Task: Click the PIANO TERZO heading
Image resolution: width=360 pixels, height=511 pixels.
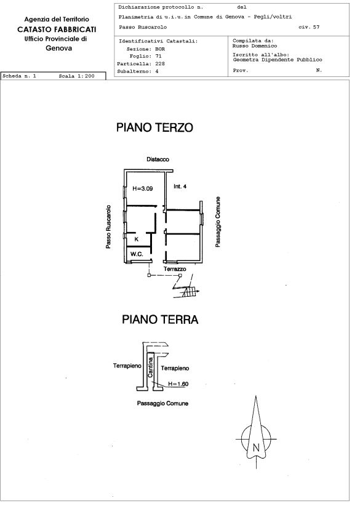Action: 154,127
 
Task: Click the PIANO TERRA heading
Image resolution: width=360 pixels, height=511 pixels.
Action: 160,320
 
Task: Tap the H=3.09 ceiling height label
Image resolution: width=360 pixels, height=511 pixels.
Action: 142,188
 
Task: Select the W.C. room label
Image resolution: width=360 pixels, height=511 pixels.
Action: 137,254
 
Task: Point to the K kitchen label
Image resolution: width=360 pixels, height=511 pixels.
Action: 137,239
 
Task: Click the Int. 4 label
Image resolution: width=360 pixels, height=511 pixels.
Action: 180,187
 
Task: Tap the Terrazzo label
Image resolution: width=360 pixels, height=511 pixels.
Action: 175,269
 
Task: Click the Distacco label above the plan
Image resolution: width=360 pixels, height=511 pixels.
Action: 158,159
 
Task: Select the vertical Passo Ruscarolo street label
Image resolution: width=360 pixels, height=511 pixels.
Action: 108,227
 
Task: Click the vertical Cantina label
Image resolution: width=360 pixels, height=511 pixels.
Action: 150,368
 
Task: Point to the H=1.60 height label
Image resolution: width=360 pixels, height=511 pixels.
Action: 178,384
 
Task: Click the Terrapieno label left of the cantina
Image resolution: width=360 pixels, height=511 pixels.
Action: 127,366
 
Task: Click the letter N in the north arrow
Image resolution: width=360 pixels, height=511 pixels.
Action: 256,448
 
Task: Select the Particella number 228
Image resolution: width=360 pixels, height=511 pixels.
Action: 160,63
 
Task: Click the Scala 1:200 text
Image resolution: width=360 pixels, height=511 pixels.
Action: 76,76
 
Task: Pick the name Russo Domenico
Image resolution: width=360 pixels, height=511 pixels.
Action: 255,46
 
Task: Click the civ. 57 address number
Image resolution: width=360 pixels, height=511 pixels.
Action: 309,27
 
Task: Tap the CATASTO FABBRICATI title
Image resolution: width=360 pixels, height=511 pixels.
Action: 57,30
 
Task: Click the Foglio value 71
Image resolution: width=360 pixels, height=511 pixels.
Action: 158,56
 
